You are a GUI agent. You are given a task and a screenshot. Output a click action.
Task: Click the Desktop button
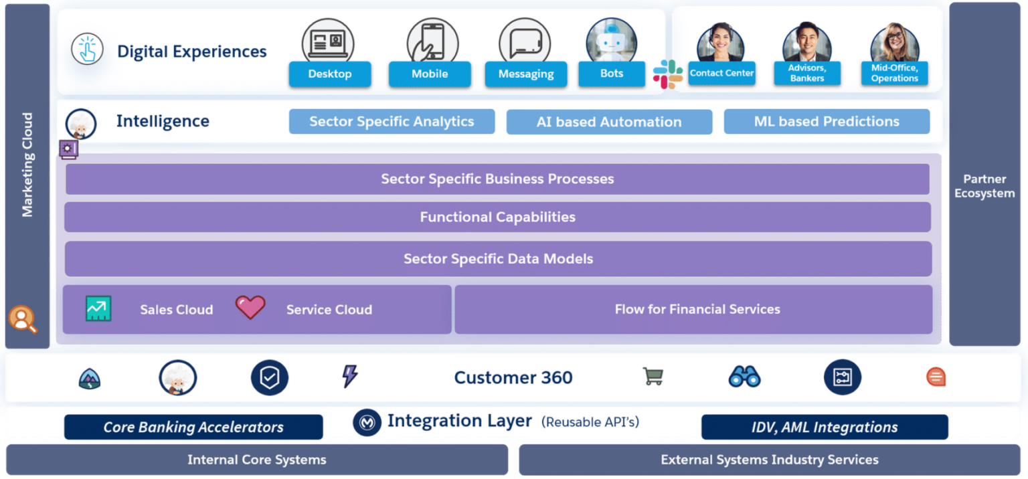[329, 74]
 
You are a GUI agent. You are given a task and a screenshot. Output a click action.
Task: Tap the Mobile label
[430, 74]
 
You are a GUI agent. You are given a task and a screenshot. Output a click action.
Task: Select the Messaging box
[525, 74]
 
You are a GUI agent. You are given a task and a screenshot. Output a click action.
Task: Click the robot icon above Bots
[610, 41]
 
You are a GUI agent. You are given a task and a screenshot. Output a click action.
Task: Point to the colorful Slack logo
[667, 74]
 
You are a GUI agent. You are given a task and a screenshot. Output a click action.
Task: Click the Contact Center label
[721, 73]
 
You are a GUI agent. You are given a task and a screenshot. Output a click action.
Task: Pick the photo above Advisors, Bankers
[806, 43]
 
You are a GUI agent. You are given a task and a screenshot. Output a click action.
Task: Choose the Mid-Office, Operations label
[894, 73]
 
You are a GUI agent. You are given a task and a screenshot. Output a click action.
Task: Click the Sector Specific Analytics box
[392, 122]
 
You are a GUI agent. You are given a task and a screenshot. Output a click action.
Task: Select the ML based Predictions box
[827, 122]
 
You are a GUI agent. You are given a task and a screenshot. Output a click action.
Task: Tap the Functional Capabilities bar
[497, 217]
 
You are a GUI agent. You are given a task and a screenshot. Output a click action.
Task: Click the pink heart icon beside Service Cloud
[250, 308]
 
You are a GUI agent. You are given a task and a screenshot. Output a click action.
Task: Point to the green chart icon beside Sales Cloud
[98, 308]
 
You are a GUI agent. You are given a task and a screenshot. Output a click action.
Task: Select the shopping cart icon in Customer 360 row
[653, 377]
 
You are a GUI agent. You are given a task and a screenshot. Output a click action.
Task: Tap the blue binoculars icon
[744, 377]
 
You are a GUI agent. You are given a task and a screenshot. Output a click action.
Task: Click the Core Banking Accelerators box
[193, 427]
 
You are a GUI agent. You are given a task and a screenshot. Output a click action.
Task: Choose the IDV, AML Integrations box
[825, 427]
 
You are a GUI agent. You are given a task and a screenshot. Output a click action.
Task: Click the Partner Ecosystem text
[984, 186]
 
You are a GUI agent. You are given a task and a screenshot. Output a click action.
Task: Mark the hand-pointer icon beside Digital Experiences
[88, 50]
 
